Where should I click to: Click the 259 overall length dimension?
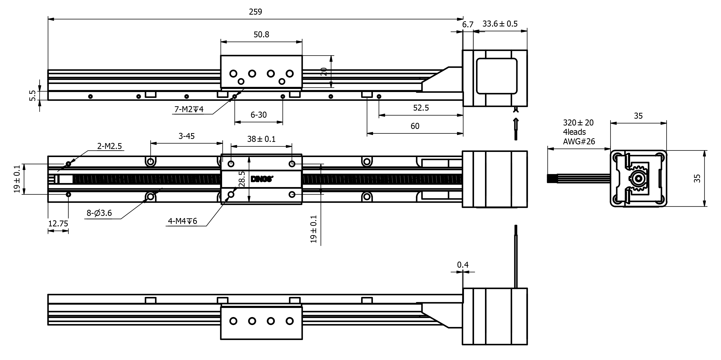(255, 12)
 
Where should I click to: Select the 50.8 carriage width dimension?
(261, 34)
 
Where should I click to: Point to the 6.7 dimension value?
(467, 25)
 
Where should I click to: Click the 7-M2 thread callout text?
(189, 109)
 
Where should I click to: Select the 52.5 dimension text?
(421, 108)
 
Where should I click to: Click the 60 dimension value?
(415, 126)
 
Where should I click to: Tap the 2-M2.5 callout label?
(109, 146)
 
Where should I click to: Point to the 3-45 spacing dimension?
(186, 136)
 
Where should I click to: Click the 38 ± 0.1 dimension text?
(261, 139)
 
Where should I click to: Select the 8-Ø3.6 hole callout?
(99, 213)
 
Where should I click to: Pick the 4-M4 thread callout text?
(182, 221)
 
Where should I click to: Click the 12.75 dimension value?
(58, 223)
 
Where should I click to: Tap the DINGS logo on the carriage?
(261, 179)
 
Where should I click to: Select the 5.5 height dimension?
(32, 95)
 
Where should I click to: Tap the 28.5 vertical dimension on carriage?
(242, 179)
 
